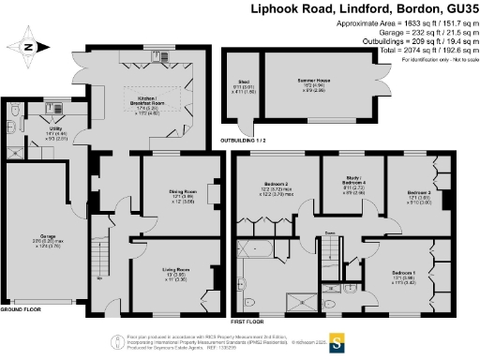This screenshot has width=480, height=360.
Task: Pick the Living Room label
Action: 172,273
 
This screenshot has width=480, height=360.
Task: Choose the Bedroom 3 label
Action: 420,192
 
